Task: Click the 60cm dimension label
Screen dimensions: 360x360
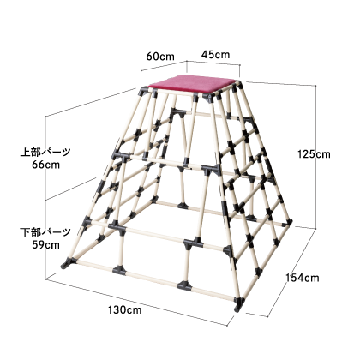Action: pos(160,57)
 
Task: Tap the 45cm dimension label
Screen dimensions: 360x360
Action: pos(215,54)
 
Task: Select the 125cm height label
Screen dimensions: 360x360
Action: pos(314,154)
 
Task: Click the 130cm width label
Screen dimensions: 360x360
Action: pos(124,309)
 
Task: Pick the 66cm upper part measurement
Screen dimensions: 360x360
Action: pos(45,165)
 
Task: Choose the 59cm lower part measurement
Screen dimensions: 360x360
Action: pos(45,245)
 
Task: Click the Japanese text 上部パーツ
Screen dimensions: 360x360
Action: pos(45,152)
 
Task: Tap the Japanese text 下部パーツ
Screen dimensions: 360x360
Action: pos(45,232)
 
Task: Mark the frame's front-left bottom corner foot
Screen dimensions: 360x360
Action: pos(68,262)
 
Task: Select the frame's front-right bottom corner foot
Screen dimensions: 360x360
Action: pos(239,304)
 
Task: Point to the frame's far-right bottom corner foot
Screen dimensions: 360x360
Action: pos(289,222)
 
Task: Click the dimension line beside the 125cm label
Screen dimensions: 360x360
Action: pos(316,157)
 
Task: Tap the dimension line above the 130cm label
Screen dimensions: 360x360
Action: pos(136,303)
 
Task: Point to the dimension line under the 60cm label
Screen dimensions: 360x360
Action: pos(164,66)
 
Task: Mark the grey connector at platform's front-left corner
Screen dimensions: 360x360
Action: pos(144,92)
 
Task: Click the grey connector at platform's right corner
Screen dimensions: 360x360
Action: pos(237,84)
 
